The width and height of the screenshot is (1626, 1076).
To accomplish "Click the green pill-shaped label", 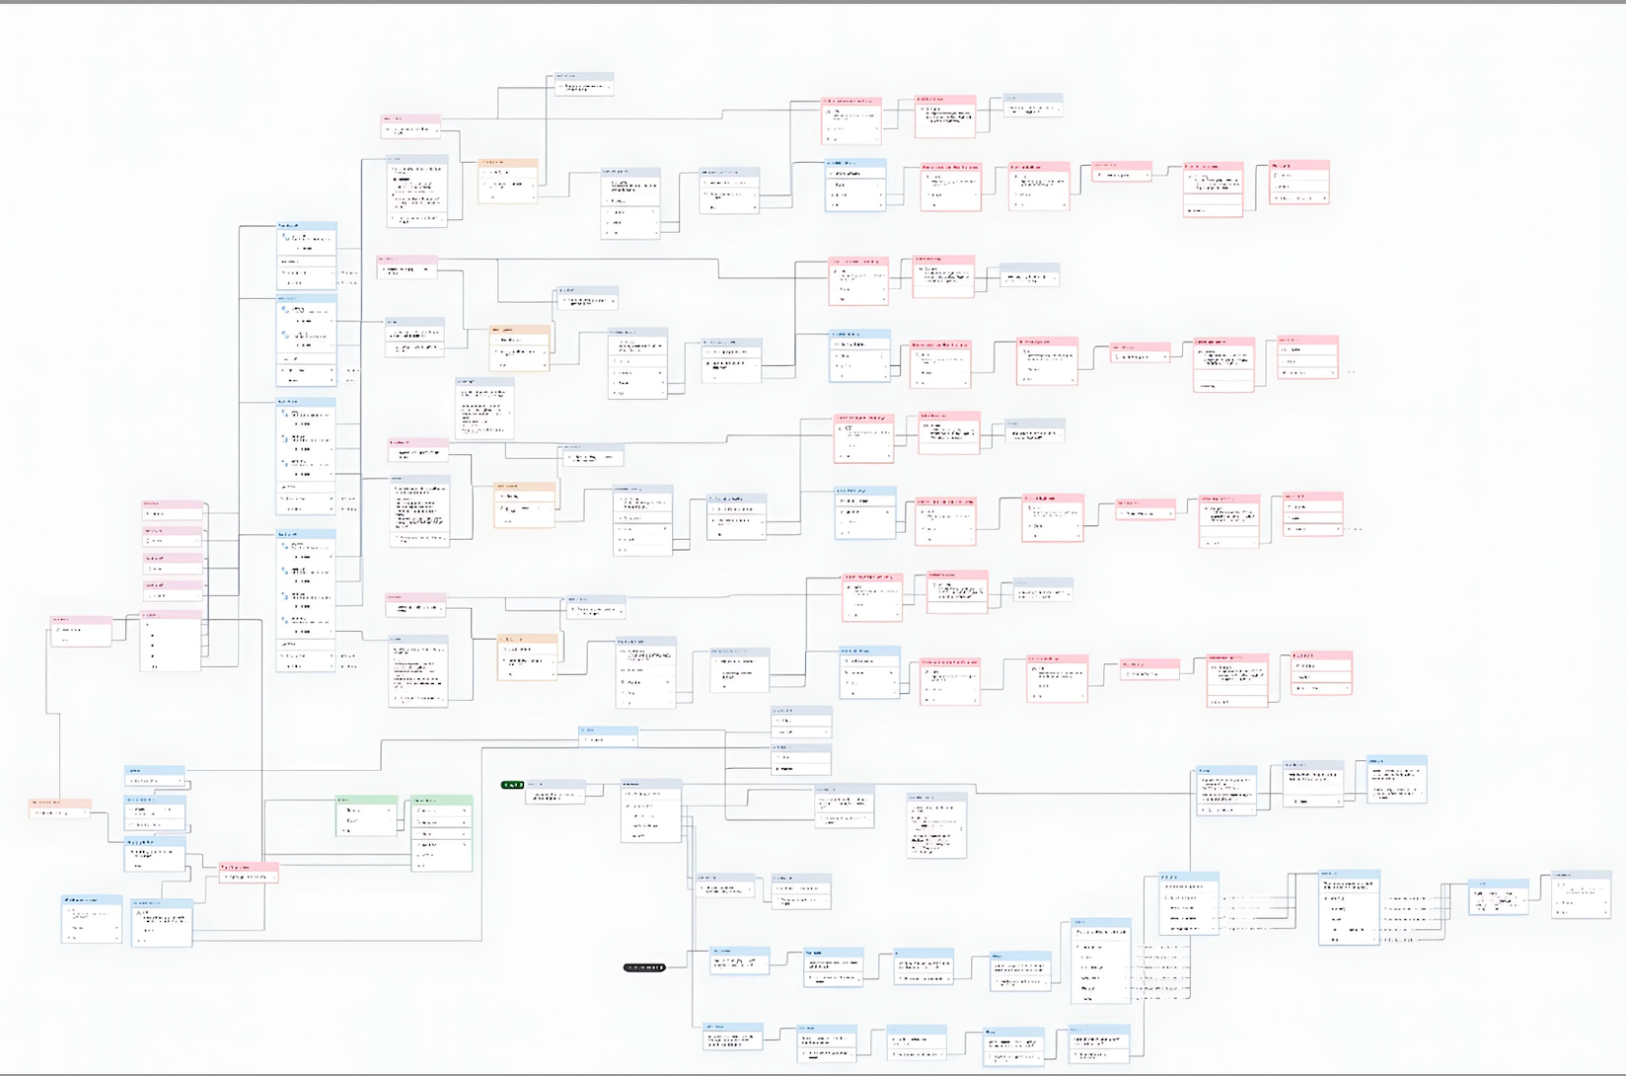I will coord(513,785).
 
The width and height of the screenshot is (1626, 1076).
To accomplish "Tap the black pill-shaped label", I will coord(644,967).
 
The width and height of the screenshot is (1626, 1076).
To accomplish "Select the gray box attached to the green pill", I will coord(555,792).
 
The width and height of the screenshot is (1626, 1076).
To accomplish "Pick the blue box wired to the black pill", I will coord(739,961).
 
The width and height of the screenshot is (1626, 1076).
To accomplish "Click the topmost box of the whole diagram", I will coord(584,84).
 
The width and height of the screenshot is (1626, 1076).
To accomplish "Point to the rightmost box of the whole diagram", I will coord(1581,894).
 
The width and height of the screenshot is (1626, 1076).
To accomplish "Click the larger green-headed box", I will coord(441,833).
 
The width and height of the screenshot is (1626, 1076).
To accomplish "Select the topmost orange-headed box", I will coord(508,181).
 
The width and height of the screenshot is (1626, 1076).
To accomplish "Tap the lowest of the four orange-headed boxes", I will coord(528,656).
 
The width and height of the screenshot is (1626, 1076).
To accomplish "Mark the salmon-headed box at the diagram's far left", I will coord(60,808).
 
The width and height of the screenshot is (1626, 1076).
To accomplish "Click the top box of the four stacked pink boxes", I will coord(173,510).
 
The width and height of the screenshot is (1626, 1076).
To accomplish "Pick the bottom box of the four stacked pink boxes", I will coord(173,591).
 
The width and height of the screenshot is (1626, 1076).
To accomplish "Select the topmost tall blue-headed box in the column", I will coord(306,256).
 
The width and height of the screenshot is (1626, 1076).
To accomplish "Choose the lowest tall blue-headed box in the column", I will coord(306,600).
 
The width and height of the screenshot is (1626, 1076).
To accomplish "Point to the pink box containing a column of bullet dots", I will coord(171,641).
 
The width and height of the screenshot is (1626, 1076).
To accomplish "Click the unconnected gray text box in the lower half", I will coord(936,825).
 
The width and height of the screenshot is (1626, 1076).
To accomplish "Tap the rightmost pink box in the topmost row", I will coord(1299,183).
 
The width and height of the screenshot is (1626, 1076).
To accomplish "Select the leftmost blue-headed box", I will coord(92,919).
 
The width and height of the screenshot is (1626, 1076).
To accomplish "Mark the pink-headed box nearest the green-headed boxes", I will coord(248,872).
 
